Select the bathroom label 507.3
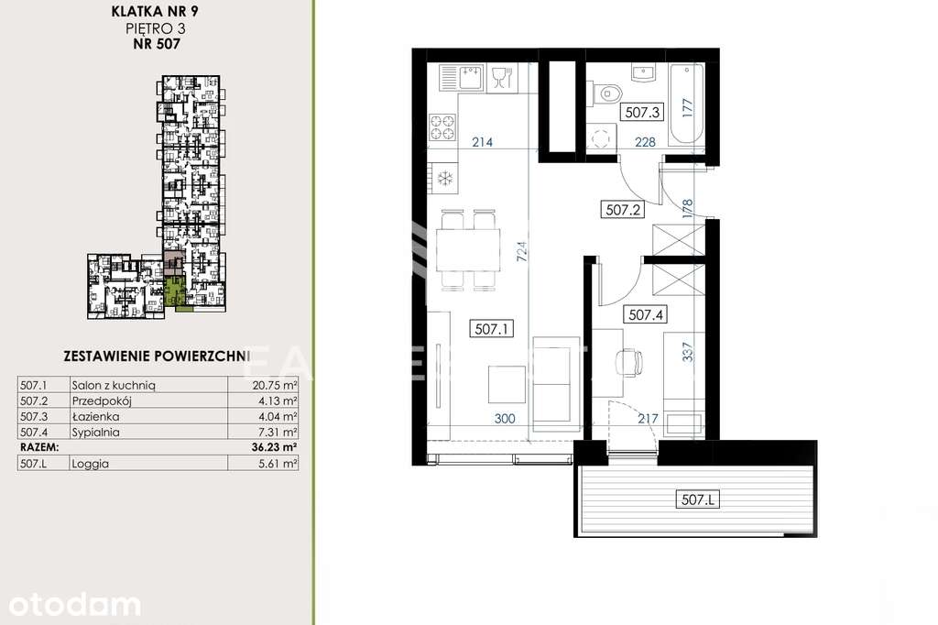642,113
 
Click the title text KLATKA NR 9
153,13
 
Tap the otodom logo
71,604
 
